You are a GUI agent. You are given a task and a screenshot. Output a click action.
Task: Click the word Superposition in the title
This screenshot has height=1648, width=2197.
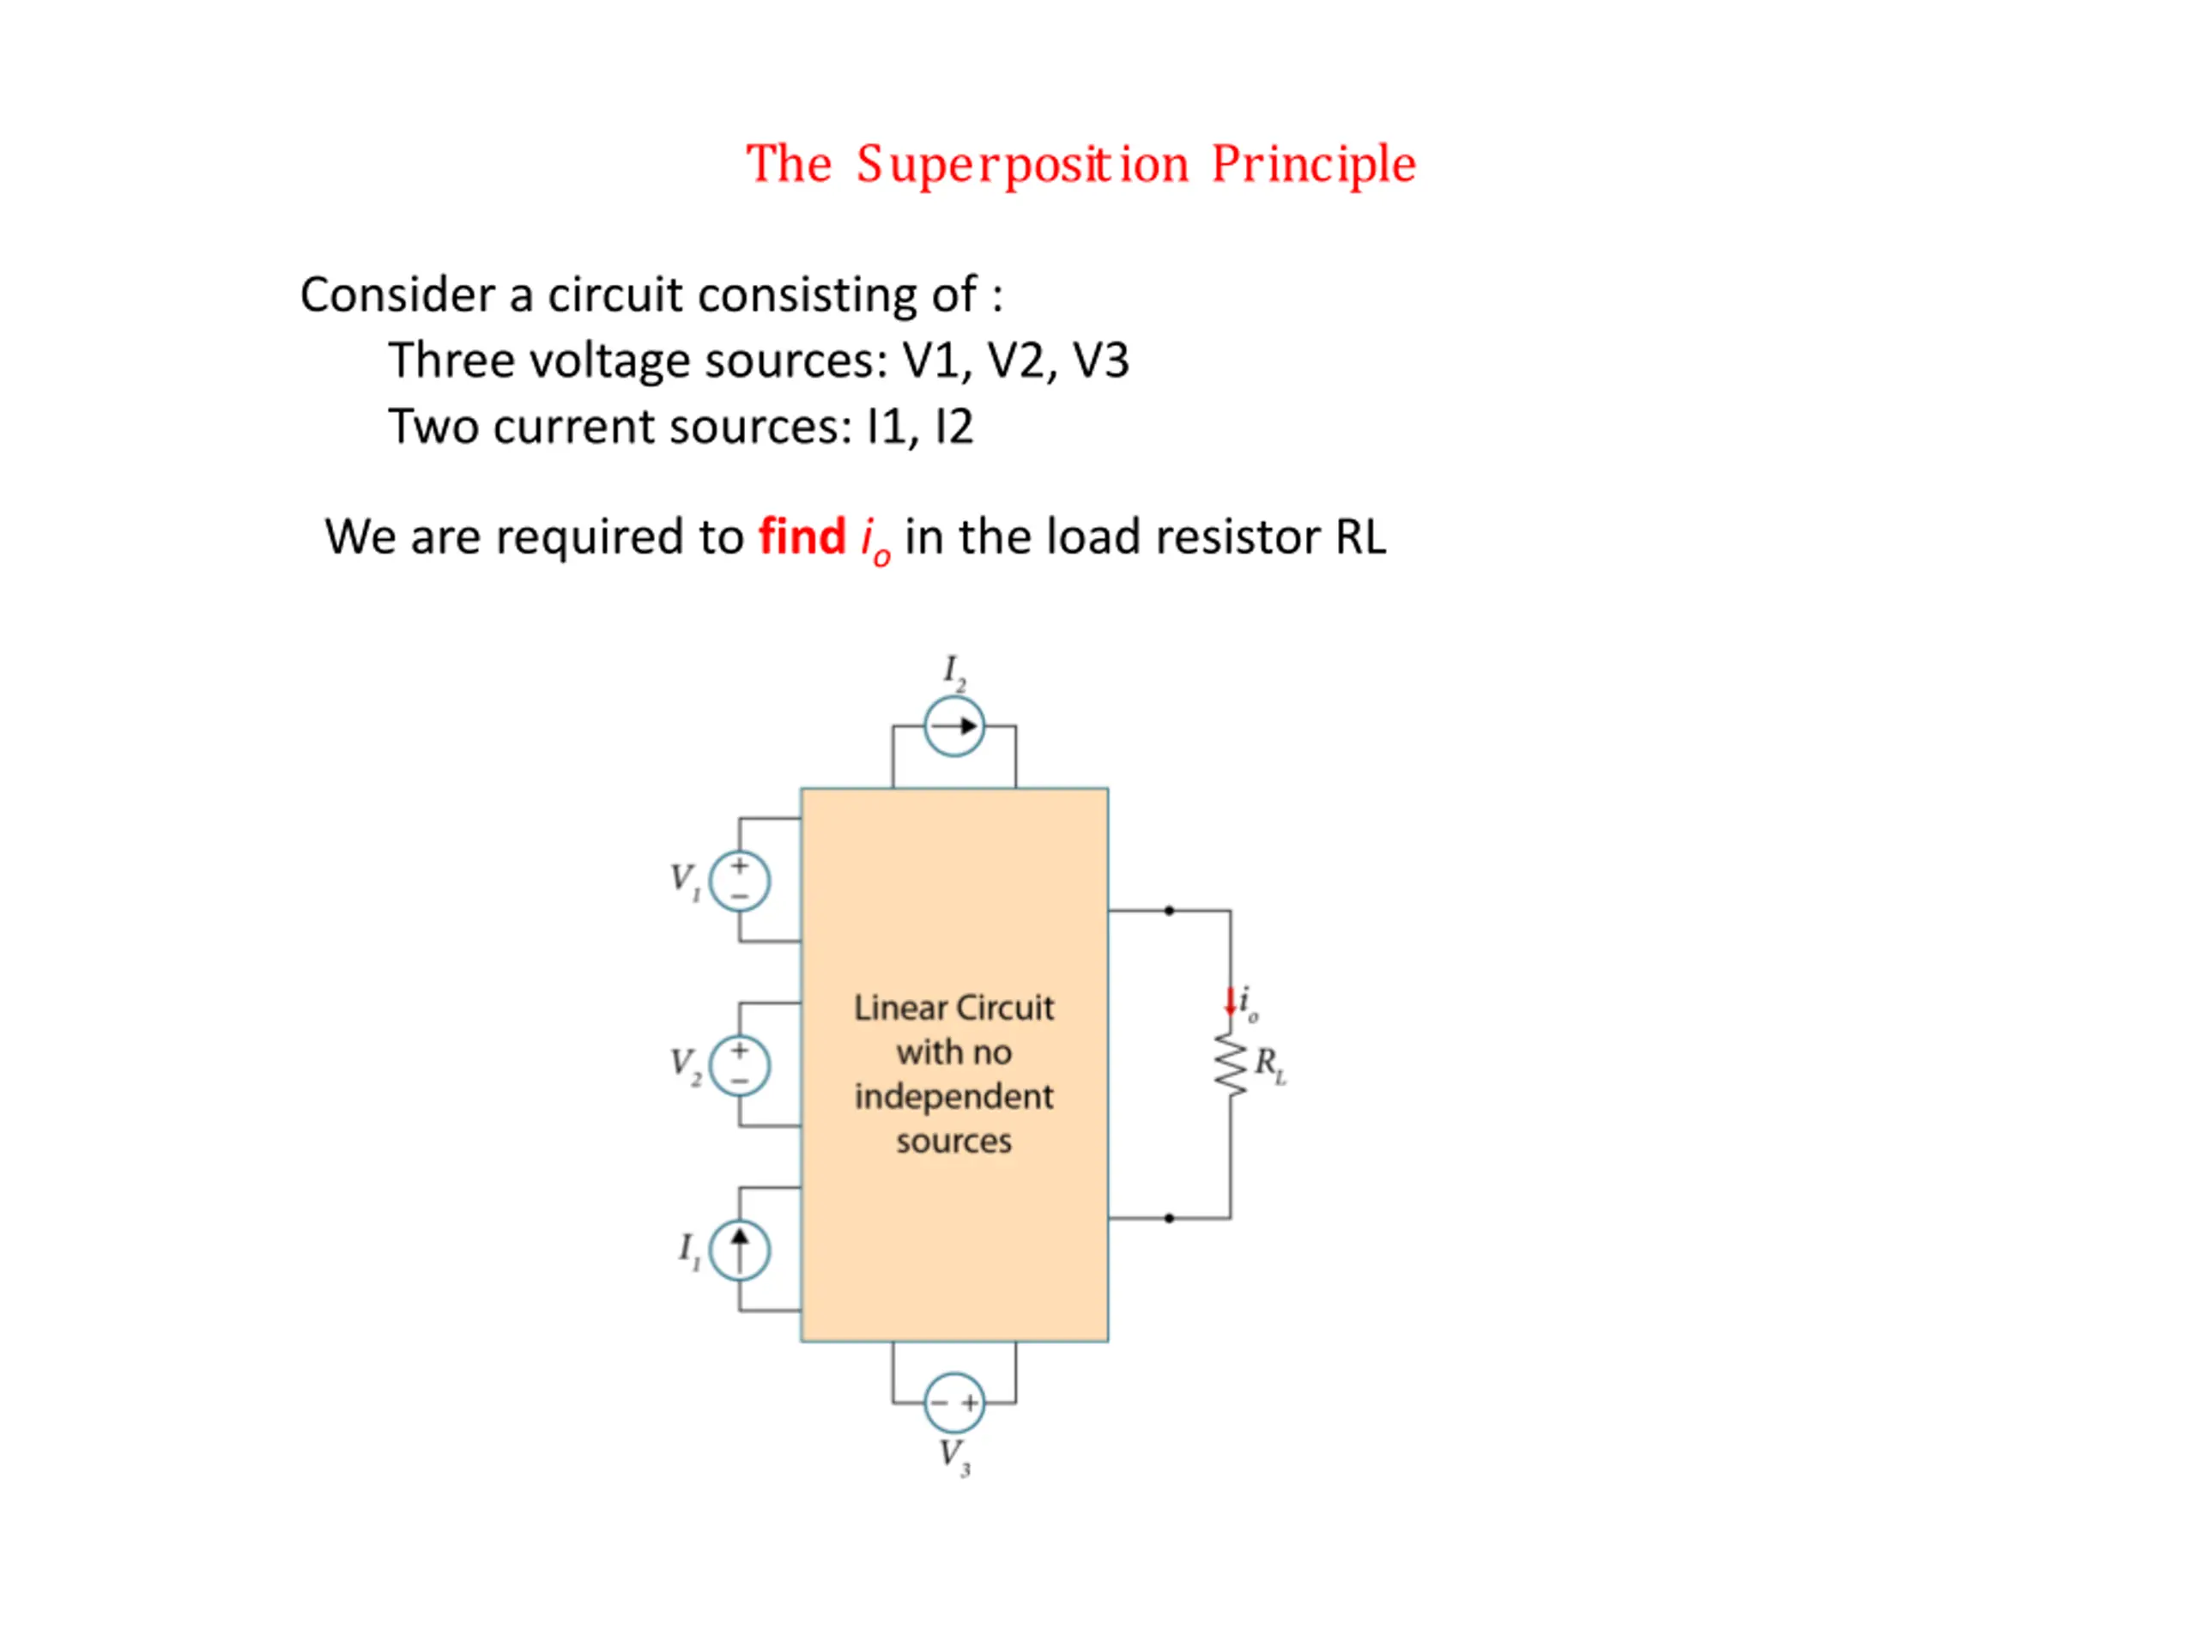tap(1023, 165)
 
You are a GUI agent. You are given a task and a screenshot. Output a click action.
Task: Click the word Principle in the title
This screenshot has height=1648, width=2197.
tap(1313, 165)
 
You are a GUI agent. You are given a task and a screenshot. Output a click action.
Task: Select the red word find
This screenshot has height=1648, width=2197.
tap(802, 536)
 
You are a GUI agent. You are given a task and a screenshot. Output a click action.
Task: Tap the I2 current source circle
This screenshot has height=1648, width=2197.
tap(954, 726)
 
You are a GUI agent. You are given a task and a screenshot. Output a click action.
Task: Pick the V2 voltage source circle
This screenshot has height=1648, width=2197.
tap(740, 1065)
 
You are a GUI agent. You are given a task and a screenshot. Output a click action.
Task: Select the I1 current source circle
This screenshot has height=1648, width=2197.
tap(740, 1250)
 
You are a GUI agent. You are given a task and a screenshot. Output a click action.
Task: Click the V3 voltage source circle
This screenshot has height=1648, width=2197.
tap(954, 1403)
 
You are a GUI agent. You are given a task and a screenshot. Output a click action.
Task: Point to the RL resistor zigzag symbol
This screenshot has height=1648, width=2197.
tap(1231, 1063)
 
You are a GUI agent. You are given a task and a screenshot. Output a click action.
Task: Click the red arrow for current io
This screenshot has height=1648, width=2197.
tap(1230, 1002)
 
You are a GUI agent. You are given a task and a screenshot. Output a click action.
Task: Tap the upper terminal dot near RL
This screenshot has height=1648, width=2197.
tap(1169, 910)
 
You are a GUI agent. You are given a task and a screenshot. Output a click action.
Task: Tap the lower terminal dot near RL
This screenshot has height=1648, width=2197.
tap(1169, 1218)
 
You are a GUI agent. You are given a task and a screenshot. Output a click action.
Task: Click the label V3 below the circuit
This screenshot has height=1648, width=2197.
tap(954, 1457)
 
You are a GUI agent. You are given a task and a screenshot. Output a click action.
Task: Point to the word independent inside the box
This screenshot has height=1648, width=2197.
tap(953, 1097)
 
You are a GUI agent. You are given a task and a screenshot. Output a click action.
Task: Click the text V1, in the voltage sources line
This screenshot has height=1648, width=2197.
tap(938, 360)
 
